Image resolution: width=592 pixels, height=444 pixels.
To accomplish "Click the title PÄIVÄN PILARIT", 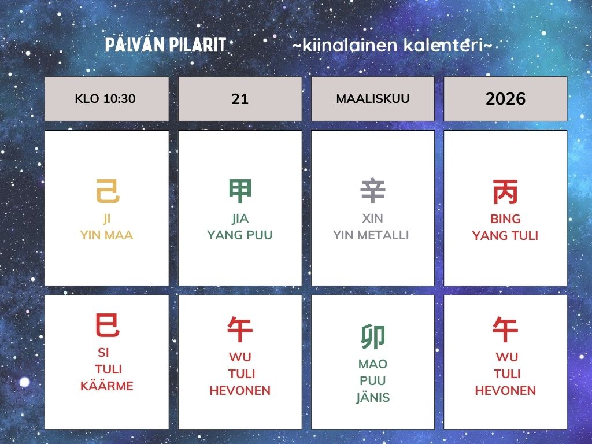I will tap(165, 46).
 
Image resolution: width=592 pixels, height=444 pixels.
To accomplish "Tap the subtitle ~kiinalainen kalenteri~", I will tap(392, 46).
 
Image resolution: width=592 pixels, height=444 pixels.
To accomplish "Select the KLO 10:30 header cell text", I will tap(105, 99).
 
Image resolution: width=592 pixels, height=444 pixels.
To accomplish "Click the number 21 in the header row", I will tap(240, 99).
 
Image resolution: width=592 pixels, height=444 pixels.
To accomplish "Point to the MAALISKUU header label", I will tap(373, 99).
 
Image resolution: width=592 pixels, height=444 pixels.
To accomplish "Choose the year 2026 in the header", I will tap(505, 99).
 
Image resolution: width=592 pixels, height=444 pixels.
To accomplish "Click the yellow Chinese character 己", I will tap(108, 191).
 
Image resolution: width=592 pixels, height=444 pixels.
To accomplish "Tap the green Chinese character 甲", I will tap(240, 191).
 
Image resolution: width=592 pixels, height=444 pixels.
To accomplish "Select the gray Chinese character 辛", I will tap(373, 191).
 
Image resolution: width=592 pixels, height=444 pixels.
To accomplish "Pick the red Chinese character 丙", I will tap(505, 191).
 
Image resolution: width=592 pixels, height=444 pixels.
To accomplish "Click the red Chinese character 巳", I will tap(108, 325).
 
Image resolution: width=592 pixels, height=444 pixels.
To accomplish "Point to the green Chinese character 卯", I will tap(373, 337).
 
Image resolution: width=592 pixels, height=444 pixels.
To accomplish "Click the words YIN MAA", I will tap(106, 235).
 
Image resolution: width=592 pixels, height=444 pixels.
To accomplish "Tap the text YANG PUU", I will tap(240, 235).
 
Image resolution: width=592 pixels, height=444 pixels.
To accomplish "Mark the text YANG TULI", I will tap(505, 236).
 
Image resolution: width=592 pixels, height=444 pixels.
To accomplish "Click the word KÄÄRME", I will tap(107, 386).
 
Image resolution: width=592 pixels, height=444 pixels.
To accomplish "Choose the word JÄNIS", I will tap(373, 398).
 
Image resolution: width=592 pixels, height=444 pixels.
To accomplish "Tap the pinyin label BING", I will tap(505, 219).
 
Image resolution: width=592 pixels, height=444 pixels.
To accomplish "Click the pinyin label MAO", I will tap(373, 364).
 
